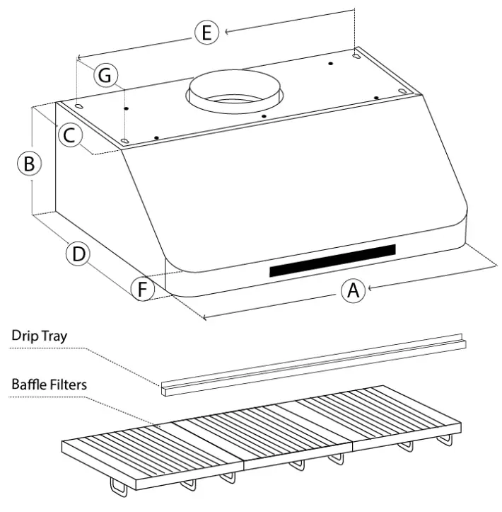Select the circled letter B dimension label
coord(29,164)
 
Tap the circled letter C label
coord(69,134)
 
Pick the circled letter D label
coord(78,254)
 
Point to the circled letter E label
coord(206,33)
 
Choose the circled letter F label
coord(143,288)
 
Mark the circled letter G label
coord(105,75)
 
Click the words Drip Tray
coord(39,336)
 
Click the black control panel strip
coord(332,260)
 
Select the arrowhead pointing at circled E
coord(226,30)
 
